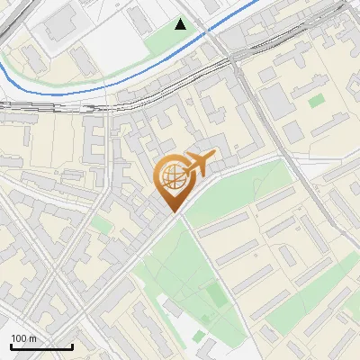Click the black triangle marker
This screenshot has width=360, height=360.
(181, 24)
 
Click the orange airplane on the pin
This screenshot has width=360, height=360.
(199, 164)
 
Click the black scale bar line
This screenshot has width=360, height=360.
(41, 346)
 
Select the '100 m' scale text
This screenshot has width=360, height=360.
(24, 338)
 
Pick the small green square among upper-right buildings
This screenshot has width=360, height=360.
(315, 101)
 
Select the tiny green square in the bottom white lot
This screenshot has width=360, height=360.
(199, 337)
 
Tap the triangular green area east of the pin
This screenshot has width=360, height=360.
(243, 189)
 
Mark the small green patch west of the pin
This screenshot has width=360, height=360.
(102, 225)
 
